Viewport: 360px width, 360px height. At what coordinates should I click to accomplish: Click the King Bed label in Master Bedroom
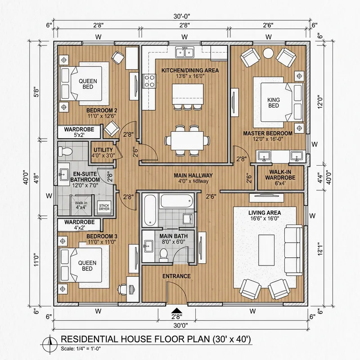tap(274, 102)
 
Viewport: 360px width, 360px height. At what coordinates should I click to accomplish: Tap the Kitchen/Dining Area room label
tap(184, 73)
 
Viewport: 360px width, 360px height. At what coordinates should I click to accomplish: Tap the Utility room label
tap(103, 153)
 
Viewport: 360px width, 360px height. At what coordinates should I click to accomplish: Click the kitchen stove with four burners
tap(149, 81)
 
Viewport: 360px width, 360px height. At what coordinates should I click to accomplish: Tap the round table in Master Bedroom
tap(268, 53)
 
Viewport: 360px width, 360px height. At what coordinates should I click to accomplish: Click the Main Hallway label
tap(194, 178)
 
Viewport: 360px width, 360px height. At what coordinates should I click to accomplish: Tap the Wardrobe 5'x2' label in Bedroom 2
tap(78, 131)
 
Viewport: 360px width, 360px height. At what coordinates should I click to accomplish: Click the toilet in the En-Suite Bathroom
tap(65, 151)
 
